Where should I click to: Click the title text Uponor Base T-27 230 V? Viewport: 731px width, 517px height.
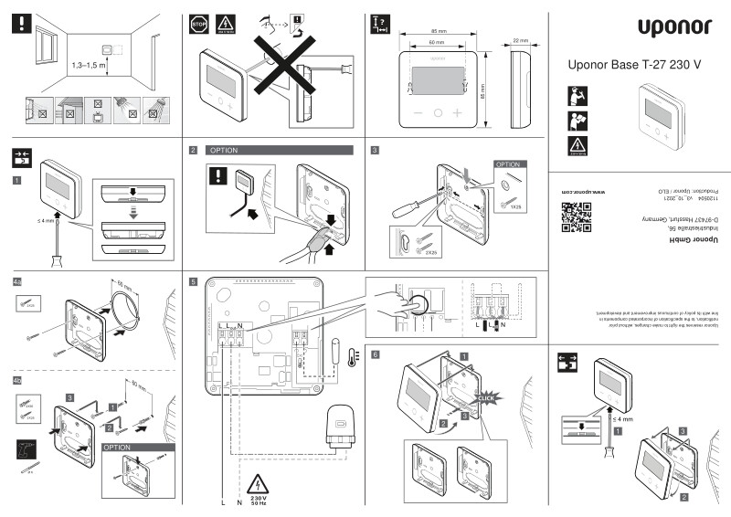(x=633, y=65)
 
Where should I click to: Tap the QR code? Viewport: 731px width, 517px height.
(x=570, y=216)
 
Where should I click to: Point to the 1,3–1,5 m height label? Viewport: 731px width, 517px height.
(x=90, y=68)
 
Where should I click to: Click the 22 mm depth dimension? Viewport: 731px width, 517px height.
(x=521, y=41)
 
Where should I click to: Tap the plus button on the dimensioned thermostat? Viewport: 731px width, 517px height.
(x=458, y=113)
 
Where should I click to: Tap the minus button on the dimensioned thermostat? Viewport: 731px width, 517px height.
(x=418, y=113)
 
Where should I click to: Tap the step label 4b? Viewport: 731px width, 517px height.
(x=18, y=379)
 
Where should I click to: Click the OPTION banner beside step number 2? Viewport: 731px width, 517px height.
(x=280, y=150)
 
